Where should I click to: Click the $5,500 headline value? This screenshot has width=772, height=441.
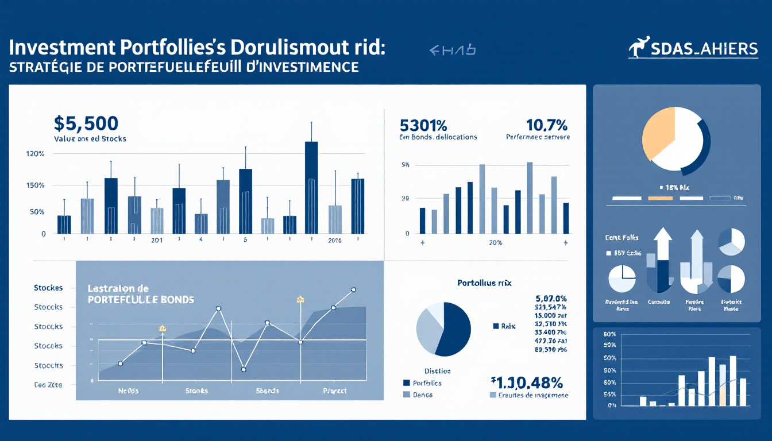click(86, 123)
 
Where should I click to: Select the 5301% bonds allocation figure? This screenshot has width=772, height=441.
click(423, 125)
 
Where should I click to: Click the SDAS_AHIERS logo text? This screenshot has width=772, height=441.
click(704, 50)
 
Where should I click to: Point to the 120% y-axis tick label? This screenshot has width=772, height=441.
click(35, 154)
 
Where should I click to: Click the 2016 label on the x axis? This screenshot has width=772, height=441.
click(334, 241)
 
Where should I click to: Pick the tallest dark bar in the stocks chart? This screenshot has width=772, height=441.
click(311, 187)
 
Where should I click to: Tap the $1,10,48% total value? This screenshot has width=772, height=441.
click(527, 382)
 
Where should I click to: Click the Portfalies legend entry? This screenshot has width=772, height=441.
click(427, 383)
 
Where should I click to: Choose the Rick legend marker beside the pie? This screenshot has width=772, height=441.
click(496, 326)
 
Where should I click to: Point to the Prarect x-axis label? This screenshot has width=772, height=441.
click(334, 391)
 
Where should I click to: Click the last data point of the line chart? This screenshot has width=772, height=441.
click(353, 290)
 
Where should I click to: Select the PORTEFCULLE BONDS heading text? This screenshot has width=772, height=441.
click(140, 300)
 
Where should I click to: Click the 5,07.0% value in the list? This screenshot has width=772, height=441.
click(550, 299)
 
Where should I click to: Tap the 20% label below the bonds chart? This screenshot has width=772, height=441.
click(495, 243)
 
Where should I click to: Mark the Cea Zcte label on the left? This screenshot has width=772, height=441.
click(48, 385)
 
